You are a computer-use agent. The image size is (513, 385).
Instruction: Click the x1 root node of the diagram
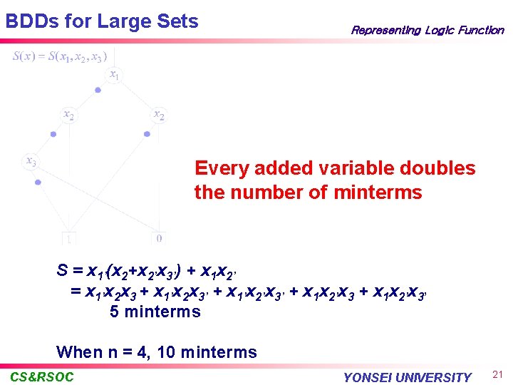coord(114,74)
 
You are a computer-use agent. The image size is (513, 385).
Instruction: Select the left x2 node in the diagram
coord(68,115)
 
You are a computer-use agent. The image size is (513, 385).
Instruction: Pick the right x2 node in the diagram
coord(159,115)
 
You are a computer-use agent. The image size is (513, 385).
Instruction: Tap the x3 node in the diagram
coord(31,162)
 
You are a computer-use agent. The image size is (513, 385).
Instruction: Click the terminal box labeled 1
coord(69,238)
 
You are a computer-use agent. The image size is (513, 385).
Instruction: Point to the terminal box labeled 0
coord(159,238)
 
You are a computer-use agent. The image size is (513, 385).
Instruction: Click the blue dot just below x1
coord(98,91)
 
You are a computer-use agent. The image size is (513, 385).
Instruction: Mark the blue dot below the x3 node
coord(38,183)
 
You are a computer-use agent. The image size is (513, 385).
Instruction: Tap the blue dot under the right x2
coord(147,133)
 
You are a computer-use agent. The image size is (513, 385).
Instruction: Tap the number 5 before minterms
coord(114,312)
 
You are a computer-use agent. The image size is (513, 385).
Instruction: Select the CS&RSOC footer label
coord(42,376)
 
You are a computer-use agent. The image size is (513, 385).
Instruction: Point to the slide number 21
coord(498,375)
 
